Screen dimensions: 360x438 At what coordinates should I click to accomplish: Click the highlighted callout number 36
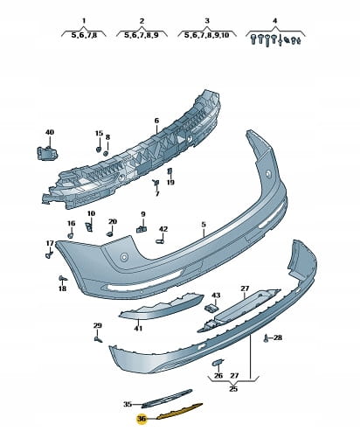pyautogui.click(x=142, y=419)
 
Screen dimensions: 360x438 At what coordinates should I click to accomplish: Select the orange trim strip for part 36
pyautogui.click(x=179, y=411)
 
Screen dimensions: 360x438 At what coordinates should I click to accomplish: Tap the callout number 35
pyautogui.click(x=128, y=404)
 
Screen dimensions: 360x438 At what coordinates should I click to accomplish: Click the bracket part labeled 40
pyautogui.click(x=47, y=153)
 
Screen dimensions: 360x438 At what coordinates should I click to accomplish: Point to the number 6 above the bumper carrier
pyautogui.click(x=156, y=121)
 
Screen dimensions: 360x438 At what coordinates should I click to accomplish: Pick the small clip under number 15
pyautogui.click(x=99, y=149)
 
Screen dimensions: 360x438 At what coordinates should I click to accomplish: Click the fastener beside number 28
pyautogui.click(x=266, y=338)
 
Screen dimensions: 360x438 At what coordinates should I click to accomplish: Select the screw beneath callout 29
pyautogui.click(x=99, y=339)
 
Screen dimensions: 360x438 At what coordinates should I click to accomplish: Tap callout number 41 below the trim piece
pyautogui.click(x=138, y=329)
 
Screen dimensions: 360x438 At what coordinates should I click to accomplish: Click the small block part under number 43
pyautogui.click(x=211, y=308)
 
